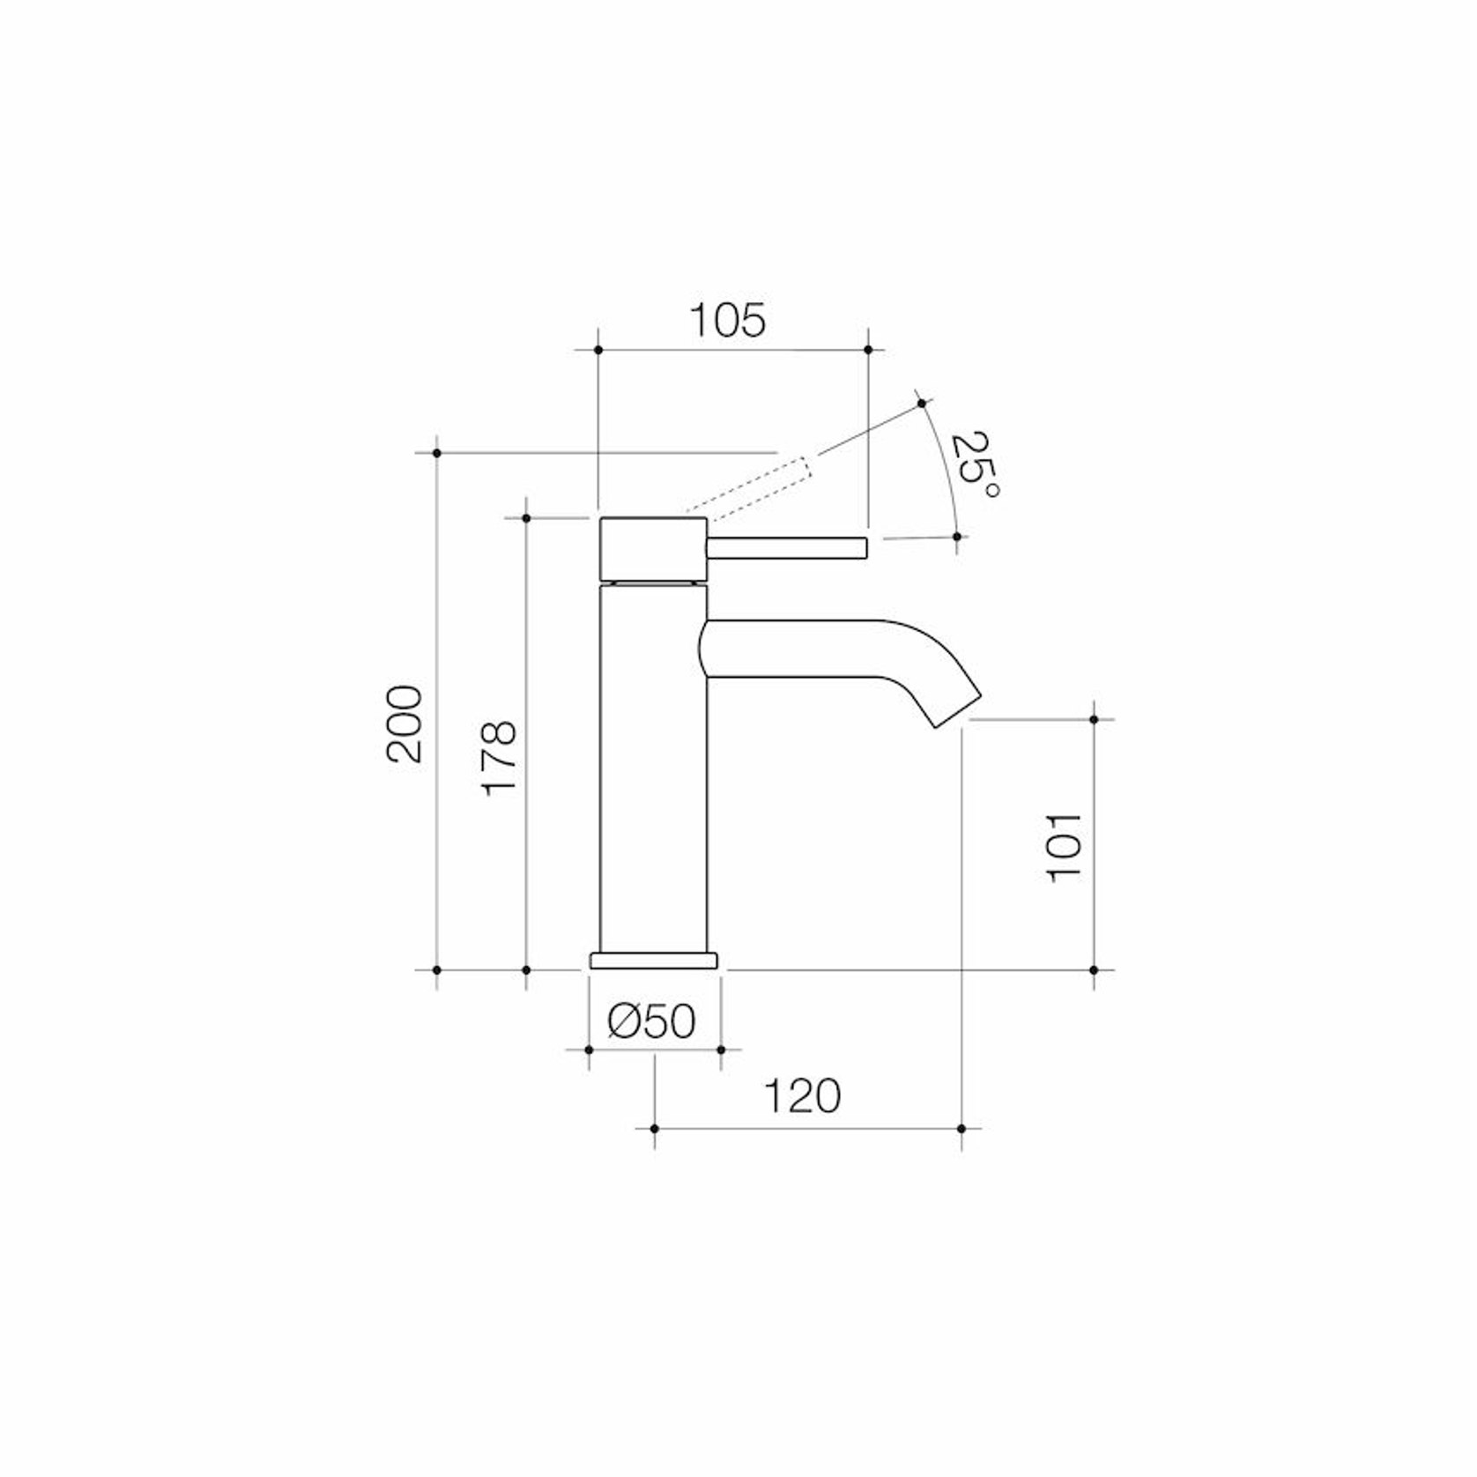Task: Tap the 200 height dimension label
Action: point(405,724)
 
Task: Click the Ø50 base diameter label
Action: point(652,1021)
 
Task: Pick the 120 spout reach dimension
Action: point(802,1096)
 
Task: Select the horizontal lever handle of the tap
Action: point(787,547)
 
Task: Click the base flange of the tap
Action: point(654,961)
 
